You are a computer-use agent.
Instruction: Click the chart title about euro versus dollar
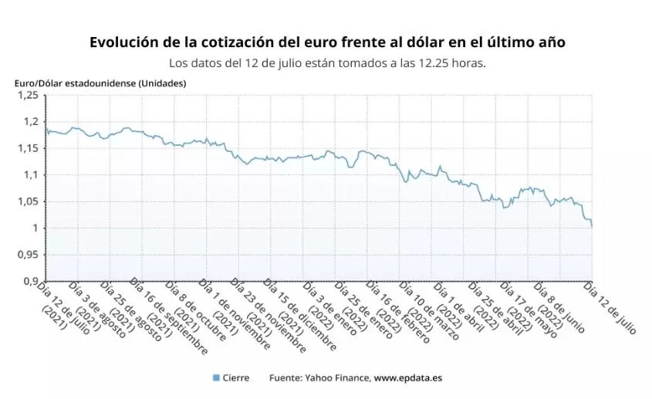coord(327,42)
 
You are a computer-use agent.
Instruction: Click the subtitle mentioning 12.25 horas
coord(327,63)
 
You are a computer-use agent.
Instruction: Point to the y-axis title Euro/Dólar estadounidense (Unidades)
coord(100,83)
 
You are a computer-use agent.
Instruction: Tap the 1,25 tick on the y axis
coord(28,95)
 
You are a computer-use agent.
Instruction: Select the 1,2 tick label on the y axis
coord(31,122)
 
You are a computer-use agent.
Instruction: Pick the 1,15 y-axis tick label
coord(28,148)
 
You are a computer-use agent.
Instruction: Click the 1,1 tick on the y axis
coord(31,175)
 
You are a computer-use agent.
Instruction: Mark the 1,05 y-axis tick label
coord(28,201)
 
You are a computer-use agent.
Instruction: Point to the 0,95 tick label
coord(28,255)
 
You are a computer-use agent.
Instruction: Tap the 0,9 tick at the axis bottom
coord(31,281)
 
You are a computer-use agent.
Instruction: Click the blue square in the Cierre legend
coord(216,378)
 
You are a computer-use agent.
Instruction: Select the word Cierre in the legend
coord(235,378)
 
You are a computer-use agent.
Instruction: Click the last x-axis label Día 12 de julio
coord(610,307)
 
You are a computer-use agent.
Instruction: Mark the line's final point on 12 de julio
coord(592,227)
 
